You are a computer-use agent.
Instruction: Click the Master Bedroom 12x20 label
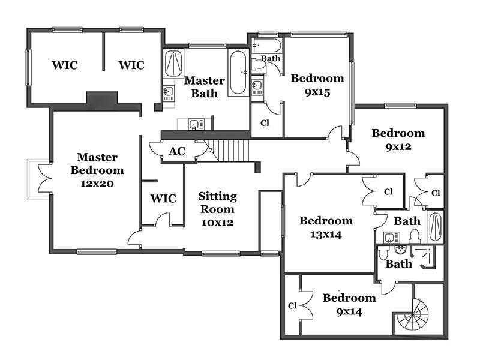(x=97, y=170)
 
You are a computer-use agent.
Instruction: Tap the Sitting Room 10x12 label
(x=217, y=209)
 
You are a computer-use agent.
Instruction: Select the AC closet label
(x=177, y=151)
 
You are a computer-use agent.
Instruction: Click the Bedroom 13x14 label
(x=326, y=227)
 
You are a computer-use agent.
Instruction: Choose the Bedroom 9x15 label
(x=317, y=85)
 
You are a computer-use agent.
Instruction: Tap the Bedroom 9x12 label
(x=398, y=140)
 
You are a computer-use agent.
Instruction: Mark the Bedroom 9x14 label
(x=349, y=305)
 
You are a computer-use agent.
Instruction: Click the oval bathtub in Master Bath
(x=238, y=72)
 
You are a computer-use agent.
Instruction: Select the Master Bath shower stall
(x=173, y=63)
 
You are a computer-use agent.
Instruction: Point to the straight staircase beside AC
(x=230, y=151)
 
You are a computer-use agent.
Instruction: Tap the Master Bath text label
(x=204, y=86)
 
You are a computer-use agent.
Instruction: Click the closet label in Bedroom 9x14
(x=292, y=305)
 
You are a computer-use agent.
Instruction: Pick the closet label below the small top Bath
(x=265, y=123)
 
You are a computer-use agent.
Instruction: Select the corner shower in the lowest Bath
(x=424, y=257)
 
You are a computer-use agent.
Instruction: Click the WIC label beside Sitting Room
(x=163, y=199)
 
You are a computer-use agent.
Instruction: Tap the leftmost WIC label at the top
(x=65, y=65)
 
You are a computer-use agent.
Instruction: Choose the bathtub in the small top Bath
(x=266, y=46)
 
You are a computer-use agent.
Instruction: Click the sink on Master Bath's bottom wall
(x=193, y=125)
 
